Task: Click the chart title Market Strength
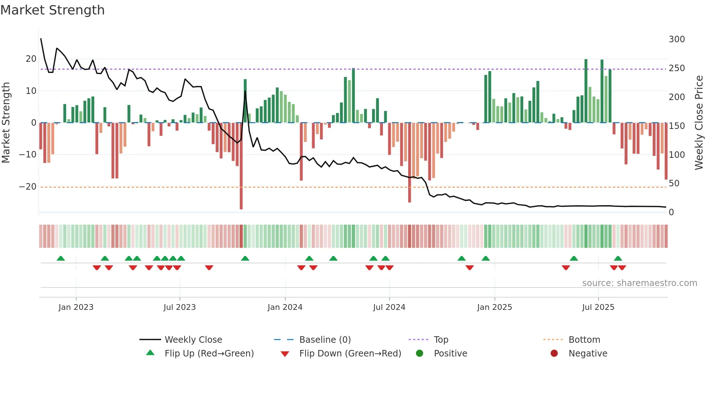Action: [x=52, y=10]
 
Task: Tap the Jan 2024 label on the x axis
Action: [x=285, y=307]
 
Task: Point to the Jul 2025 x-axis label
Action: [x=598, y=307]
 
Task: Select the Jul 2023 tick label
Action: [x=180, y=307]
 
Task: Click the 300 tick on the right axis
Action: [x=677, y=39]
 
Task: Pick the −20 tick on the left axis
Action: [x=28, y=187]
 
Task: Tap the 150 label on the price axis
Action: [x=677, y=126]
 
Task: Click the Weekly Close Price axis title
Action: [x=699, y=123]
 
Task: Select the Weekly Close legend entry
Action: [x=193, y=340]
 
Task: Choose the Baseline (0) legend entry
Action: [x=325, y=340]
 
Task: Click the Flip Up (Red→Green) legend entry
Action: [x=209, y=354]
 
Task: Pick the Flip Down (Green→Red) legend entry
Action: [x=350, y=354]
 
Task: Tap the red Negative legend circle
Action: [x=554, y=353]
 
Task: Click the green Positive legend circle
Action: [x=419, y=353]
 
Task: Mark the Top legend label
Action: [x=441, y=340]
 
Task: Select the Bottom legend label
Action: [x=584, y=340]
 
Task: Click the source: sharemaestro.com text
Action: [x=639, y=283]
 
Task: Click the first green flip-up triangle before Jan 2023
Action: [x=61, y=259]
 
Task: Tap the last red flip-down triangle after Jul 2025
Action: [x=622, y=268]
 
